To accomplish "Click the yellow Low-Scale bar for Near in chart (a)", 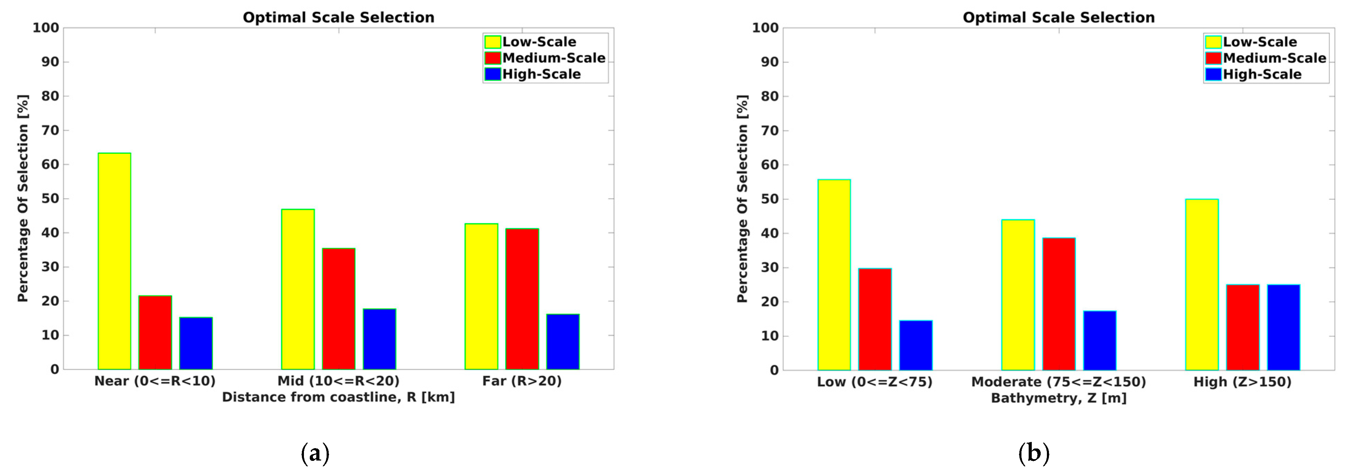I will click(114, 261).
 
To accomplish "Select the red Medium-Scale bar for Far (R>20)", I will click(522, 299).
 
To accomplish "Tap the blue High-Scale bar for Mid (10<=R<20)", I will click(379, 339).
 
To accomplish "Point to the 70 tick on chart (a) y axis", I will click(50, 130).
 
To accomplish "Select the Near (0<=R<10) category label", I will click(155, 381).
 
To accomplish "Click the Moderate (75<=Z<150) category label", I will click(1058, 382).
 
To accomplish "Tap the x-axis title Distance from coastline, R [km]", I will click(338, 397).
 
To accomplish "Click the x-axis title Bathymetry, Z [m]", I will click(1058, 398).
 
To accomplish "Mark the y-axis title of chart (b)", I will click(742, 198).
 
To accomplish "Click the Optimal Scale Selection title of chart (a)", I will click(338, 17).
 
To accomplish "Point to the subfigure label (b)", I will click(1033, 453).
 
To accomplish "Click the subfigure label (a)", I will click(315, 453).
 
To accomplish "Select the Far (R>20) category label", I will click(522, 381).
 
